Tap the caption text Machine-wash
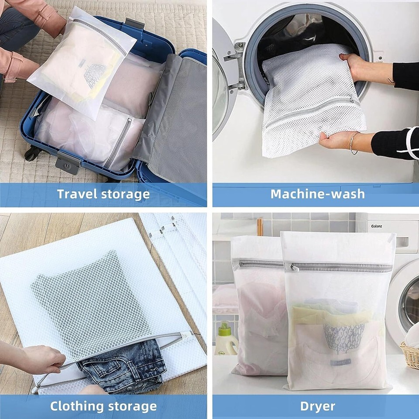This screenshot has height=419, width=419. pos(318,194)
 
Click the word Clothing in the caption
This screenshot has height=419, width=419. pos(77,406)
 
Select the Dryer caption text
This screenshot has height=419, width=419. pos(318,406)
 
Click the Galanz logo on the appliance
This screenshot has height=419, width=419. pos(377,226)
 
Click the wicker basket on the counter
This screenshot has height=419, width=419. pos(410,354)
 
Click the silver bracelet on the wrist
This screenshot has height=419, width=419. pos(353,143)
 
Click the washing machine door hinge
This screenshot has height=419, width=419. pos(237,65)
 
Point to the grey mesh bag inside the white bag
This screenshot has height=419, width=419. pos(91,299)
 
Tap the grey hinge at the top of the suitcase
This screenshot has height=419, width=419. pos(135,24)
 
